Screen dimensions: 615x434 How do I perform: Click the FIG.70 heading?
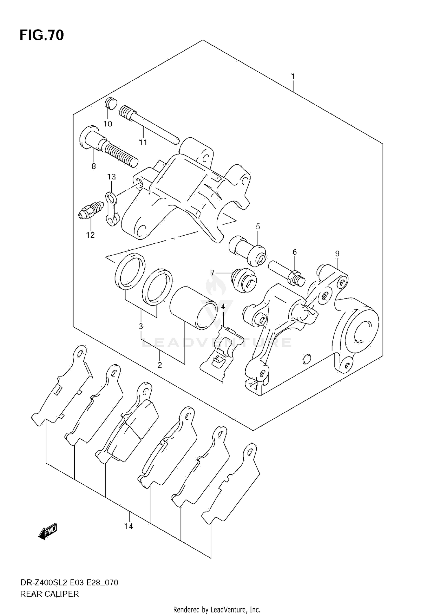click(42, 35)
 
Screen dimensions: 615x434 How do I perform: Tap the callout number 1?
click(293, 77)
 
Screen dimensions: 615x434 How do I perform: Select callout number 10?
click(108, 124)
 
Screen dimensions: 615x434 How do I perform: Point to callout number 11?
click(143, 142)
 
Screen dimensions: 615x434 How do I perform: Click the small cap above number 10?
click(111, 103)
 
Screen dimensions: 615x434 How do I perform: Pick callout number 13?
click(111, 177)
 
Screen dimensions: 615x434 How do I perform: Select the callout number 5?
click(258, 226)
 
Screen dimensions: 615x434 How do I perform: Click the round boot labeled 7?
click(244, 280)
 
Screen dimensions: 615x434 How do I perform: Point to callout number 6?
click(295, 252)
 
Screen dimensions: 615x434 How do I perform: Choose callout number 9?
click(337, 254)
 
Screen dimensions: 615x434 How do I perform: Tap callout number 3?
click(141, 326)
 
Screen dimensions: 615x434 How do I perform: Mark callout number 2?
click(160, 365)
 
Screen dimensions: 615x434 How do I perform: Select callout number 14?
click(129, 526)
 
